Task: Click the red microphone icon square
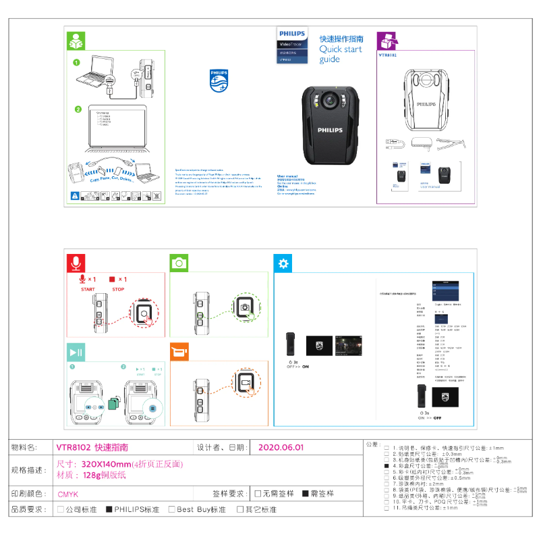(77, 263)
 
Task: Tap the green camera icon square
(179, 263)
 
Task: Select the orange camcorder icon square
(179, 352)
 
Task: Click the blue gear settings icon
(284, 263)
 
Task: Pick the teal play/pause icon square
(76, 352)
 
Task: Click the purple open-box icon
(386, 40)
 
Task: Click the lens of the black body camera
(330, 101)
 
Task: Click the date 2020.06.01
(281, 447)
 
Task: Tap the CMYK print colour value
(68, 494)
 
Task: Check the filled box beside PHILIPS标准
(109, 509)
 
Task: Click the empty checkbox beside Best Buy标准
(172, 509)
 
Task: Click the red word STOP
(118, 289)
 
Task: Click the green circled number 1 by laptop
(77, 62)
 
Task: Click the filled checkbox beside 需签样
(306, 494)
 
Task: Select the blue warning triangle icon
(75, 196)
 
